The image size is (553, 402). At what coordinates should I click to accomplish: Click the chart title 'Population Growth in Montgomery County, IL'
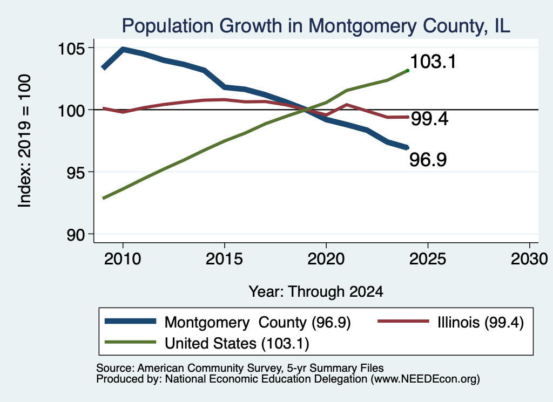point(316,26)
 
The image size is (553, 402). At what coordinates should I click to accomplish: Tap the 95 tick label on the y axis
point(76,172)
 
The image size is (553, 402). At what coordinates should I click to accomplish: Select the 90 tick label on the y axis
point(76,234)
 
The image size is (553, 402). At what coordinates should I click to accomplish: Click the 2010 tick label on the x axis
point(123,259)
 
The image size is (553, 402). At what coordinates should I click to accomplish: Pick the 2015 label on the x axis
point(224,259)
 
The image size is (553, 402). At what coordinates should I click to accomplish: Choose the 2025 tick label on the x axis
point(428,259)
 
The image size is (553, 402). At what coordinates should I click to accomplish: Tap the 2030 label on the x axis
point(529,259)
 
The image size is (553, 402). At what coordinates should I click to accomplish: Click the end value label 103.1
point(433,62)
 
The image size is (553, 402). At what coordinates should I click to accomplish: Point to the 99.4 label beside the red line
point(430,119)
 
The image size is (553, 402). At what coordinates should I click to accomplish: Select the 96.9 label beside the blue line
point(428,160)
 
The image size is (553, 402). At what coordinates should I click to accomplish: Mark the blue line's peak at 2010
point(123,49)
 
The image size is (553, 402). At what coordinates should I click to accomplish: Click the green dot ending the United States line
point(408,71)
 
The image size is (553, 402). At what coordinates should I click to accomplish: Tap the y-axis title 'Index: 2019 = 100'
point(25,141)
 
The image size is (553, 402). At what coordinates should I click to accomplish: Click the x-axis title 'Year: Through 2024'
point(316,292)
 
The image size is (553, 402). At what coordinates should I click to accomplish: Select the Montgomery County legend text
point(258,322)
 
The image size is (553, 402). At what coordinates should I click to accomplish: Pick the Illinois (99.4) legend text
point(481,322)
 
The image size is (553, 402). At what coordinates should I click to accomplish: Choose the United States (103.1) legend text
point(237,344)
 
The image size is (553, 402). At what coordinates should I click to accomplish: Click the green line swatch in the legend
point(131,342)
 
